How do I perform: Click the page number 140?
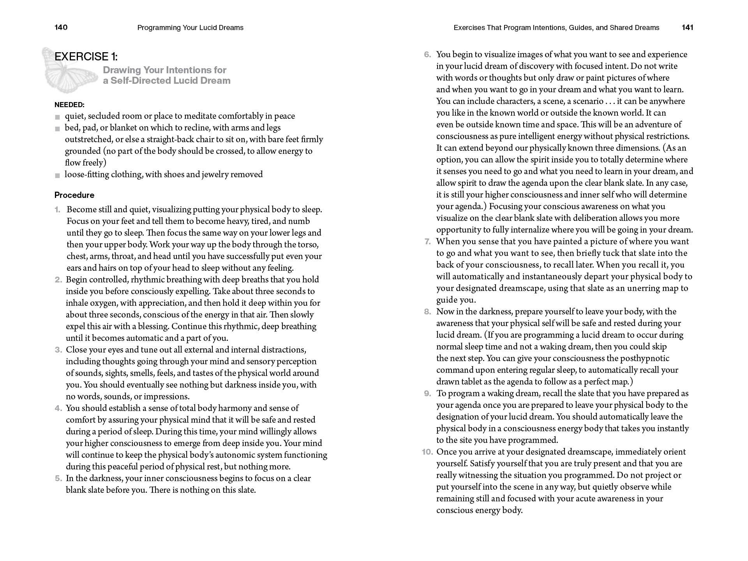pyautogui.click(x=61, y=27)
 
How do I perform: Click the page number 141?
pyautogui.click(x=688, y=27)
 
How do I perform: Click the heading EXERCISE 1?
pyautogui.click(x=86, y=57)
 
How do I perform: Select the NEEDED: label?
pyautogui.click(x=69, y=105)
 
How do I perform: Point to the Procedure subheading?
pyautogui.click(x=74, y=195)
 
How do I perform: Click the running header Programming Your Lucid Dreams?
pyautogui.click(x=191, y=28)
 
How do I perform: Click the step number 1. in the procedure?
pyautogui.click(x=58, y=210)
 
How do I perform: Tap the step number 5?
pyautogui.click(x=58, y=478)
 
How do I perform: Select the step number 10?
pyautogui.click(x=427, y=452)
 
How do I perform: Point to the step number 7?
pyautogui.click(x=428, y=242)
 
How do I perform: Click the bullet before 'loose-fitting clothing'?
pyautogui.click(x=58, y=175)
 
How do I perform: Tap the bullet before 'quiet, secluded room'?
pyautogui.click(x=58, y=117)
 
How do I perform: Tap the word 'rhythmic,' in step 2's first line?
pyautogui.click(x=148, y=280)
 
